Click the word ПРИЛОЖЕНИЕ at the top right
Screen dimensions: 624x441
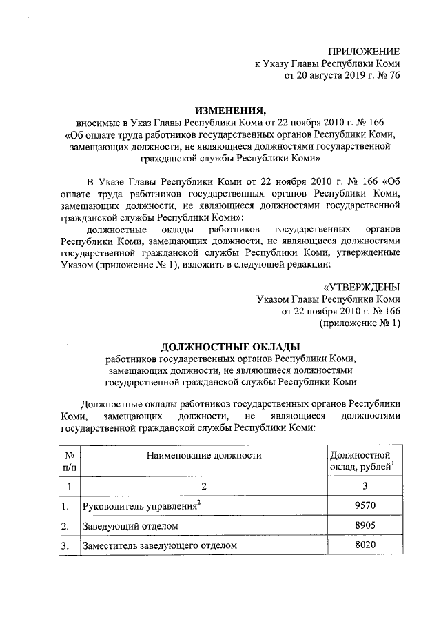click(362, 52)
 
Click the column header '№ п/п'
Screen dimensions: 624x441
click(69, 461)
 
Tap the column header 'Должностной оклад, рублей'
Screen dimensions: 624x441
click(362, 461)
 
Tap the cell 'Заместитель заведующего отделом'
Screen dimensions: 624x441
click(159, 545)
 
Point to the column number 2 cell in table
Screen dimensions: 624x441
click(204, 487)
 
